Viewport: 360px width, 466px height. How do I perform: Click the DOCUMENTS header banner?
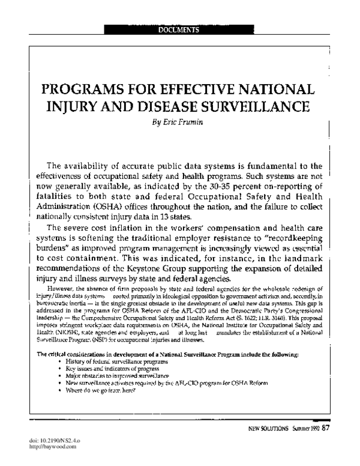(x=179, y=29)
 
